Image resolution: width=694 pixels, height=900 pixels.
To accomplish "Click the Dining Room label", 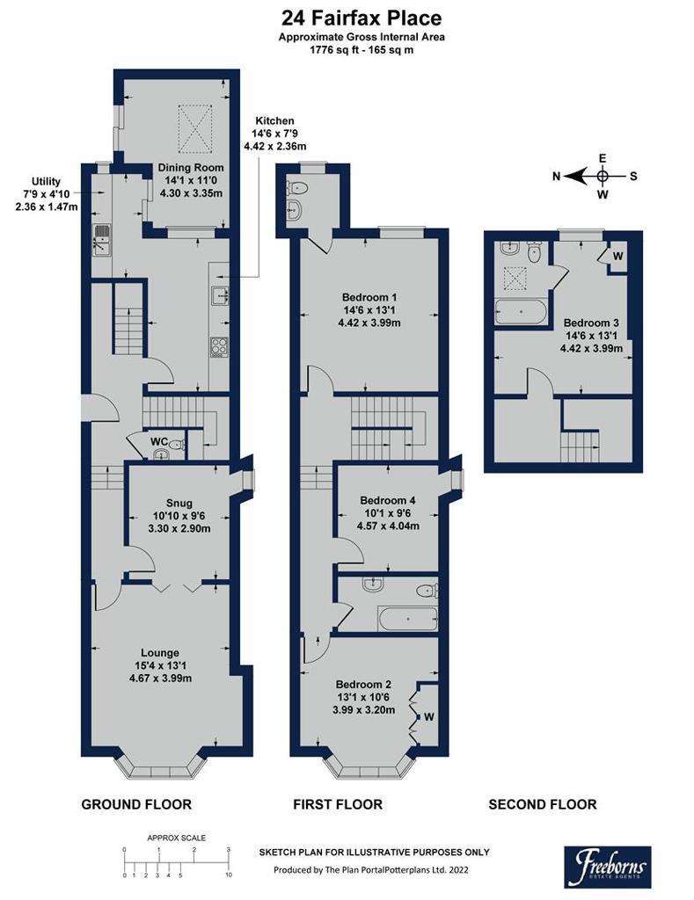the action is pos(191,168).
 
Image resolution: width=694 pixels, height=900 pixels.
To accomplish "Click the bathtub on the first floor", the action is pos(407,619).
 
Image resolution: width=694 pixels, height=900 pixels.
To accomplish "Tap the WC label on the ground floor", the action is pos(159,441).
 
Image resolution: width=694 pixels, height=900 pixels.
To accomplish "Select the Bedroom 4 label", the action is pos(387,500).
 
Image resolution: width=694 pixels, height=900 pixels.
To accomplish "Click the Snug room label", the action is pos(179,503).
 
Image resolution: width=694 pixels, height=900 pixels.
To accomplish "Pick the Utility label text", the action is pos(46,181).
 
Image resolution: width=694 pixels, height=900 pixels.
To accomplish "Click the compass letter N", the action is pos(556,176).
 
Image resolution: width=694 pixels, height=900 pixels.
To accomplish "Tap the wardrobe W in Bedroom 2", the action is pos(429,716).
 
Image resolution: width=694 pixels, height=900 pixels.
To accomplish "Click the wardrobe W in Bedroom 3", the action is pos(617,256).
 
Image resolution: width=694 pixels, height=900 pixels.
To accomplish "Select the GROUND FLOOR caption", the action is pos(136,804).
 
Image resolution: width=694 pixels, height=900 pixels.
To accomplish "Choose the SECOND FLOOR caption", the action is pos(543,804).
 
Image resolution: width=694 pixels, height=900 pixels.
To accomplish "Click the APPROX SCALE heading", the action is pos(177,838).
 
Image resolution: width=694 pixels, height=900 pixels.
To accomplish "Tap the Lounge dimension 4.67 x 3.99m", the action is pos(160,678).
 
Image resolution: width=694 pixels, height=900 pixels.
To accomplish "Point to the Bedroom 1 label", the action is pos(369,297).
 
